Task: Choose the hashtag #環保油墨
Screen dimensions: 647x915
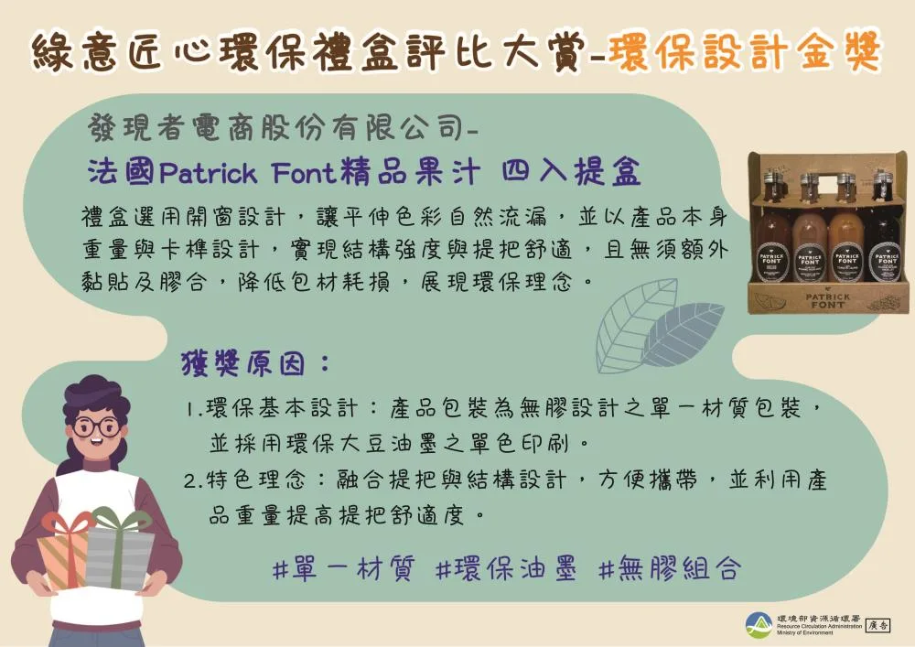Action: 506,568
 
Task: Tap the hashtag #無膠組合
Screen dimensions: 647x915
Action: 669,568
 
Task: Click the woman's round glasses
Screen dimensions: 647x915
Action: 95,426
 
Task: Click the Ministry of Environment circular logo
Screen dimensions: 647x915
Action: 758,624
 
